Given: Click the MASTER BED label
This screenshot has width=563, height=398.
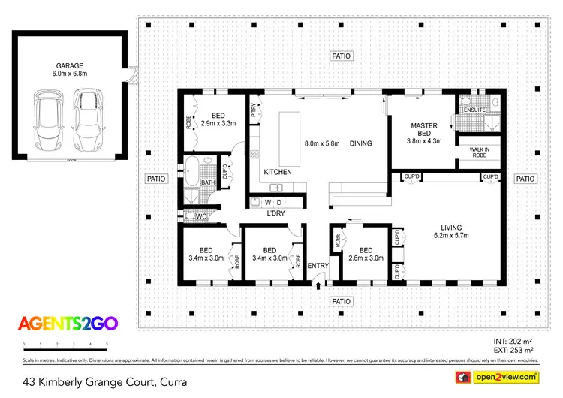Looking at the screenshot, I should tap(424, 130).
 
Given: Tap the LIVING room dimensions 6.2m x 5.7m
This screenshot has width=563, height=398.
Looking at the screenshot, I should tap(450, 235).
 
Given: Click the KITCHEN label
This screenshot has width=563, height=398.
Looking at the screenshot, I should tap(277, 172).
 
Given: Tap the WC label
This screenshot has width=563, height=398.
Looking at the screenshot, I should tap(200, 217).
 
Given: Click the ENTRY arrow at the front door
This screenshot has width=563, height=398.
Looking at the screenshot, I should tap(318, 285).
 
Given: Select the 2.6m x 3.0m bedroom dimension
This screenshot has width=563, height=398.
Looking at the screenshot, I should tap(366, 258).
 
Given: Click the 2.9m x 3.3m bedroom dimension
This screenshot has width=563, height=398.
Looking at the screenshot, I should tap(218, 123).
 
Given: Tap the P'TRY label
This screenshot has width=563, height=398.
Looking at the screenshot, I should tap(254, 109).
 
